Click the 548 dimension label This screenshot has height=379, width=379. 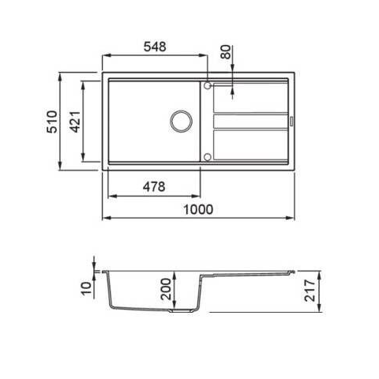pos(155,47)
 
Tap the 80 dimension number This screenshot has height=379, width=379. pos(226,52)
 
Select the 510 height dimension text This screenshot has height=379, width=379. pos(52,122)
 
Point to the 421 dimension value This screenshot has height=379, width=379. pos(75,122)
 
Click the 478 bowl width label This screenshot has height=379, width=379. pos(154,186)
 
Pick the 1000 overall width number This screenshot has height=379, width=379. pos(198,210)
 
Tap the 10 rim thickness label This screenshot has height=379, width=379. pos(86,288)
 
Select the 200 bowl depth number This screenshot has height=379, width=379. pos(166,289)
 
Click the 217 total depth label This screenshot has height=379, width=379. pos(310,291)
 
